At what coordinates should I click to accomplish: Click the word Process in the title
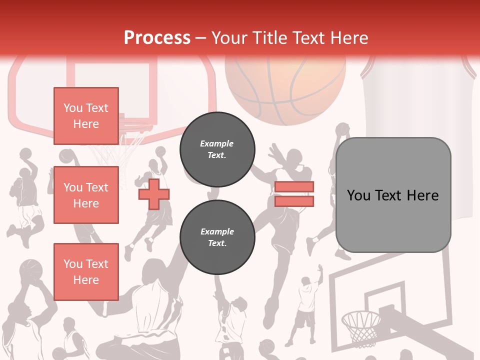click(157, 37)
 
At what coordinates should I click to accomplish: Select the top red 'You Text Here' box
click(86, 116)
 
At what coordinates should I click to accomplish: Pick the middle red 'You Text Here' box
click(86, 195)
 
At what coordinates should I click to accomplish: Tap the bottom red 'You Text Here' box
click(86, 271)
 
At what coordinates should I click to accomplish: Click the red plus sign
click(154, 193)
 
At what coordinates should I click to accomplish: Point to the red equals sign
click(294, 194)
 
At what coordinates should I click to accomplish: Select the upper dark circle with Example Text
click(217, 149)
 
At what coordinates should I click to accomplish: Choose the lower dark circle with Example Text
click(217, 237)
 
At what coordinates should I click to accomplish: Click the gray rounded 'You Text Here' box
click(393, 195)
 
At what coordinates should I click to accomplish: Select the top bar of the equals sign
click(294, 186)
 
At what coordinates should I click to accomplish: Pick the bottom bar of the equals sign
click(294, 201)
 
